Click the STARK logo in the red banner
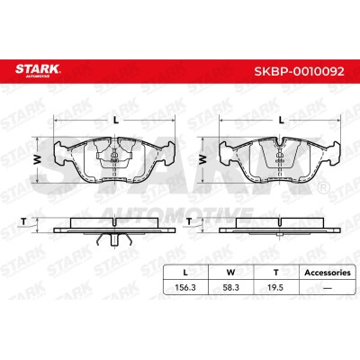tap(38, 70)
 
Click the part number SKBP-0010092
tap(300, 71)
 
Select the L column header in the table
tap(185, 273)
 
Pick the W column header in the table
tap(230, 273)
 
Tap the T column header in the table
tap(276, 273)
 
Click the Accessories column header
tap(328, 273)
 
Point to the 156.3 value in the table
tap(185, 287)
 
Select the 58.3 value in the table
tap(230, 287)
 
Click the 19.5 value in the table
tap(275, 287)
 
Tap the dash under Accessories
tap(328, 288)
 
